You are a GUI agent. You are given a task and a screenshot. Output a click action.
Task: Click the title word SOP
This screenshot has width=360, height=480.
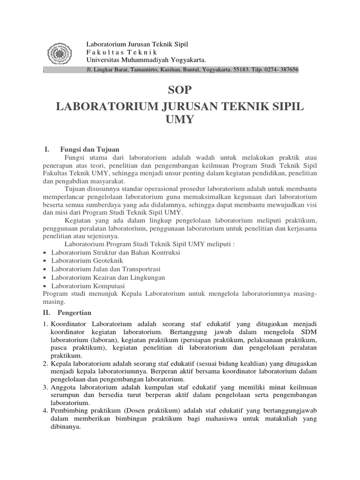pyautogui.click(x=180, y=90)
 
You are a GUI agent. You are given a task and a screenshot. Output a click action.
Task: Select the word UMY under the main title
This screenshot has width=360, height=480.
pyautogui.click(x=180, y=120)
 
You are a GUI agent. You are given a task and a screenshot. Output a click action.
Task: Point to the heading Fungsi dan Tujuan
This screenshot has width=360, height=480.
pyautogui.click(x=90, y=149)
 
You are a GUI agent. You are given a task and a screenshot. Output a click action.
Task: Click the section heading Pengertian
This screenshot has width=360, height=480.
pyautogui.click(x=75, y=313)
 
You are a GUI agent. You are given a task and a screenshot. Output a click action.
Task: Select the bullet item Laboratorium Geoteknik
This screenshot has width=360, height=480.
pyautogui.click(x=87, y=260)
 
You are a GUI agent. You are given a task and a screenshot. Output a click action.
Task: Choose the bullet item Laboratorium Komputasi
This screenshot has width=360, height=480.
pyautogui.click(x=88, y=285)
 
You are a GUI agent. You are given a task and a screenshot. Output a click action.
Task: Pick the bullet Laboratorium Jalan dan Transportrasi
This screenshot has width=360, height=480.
pyautogui.click(x=106, y=269)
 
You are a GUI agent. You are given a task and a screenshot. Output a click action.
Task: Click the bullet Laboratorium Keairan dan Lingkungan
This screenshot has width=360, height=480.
pyautogui.click(x=108, y=277)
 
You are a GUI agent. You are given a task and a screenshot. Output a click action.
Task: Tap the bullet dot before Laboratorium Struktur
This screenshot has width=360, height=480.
pyautogui.click(x=44, y=253)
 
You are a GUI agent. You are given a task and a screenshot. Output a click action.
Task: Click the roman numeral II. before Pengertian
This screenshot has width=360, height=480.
pyautogui.click(x=48, y=313)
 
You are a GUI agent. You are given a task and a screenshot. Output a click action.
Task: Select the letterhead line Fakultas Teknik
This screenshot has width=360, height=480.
pyautogui.click(x=121, y=52)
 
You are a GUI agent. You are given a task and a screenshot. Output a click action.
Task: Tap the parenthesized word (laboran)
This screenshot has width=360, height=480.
pyautogui.click(x=105, y=339)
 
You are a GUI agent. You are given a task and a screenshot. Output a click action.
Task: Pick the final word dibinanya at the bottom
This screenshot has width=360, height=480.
pyautogui.click(x=66, y=427)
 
